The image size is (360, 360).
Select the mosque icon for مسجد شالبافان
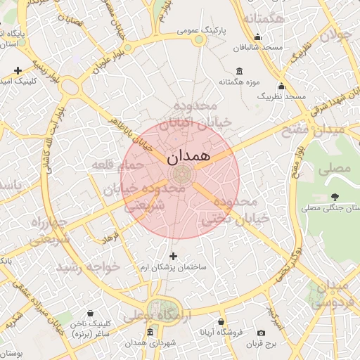click(x=258, y=37)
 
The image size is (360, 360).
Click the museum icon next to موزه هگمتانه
click(x=239, y=71)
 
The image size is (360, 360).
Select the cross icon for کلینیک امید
click(x=18, y=70)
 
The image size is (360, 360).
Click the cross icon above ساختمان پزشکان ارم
click(x=174, y=256)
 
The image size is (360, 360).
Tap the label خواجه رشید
click(x=90, y=267)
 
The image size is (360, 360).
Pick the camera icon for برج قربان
click(x=262, y=333)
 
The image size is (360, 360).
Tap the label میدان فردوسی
click(x=333, y=295)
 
